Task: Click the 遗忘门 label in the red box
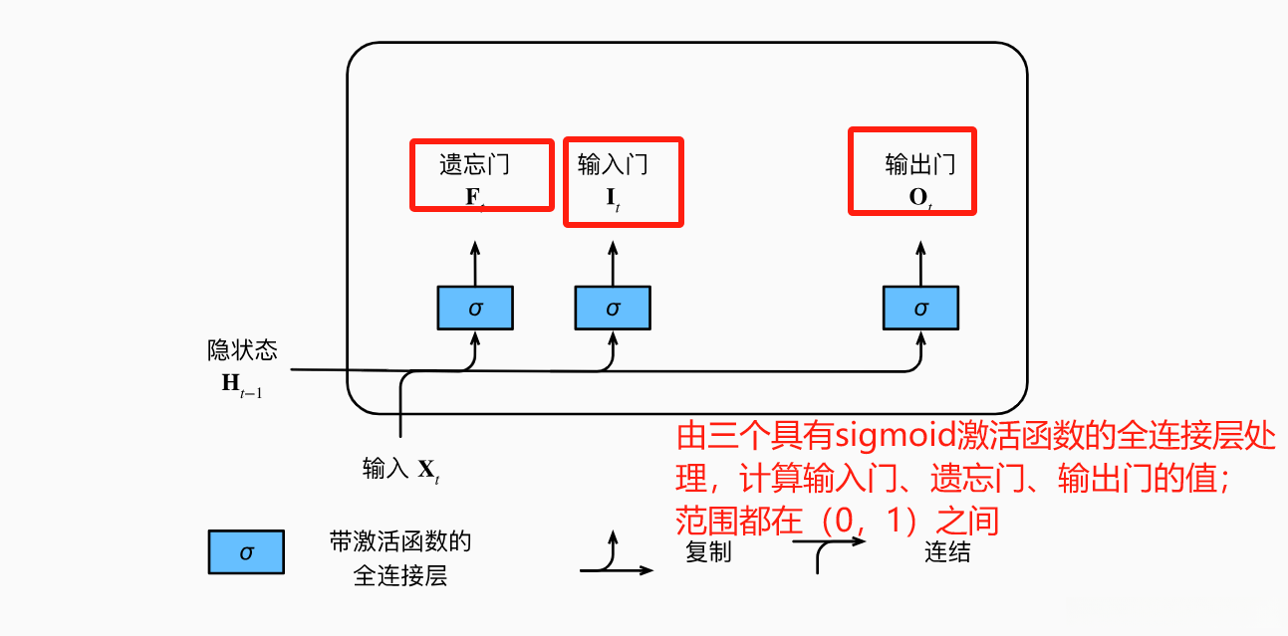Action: tap(480, 163)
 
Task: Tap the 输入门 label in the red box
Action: tap(613, 163)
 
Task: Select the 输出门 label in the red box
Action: tap(920, 163)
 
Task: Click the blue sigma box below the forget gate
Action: tap(475, 308)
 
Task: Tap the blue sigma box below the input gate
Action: tap(613, 308)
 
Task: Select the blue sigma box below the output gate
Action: tap(920, 308)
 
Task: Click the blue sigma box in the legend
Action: tap(246, 551)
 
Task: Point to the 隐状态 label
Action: tap(242, 349)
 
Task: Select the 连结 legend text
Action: tap(947, 552)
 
